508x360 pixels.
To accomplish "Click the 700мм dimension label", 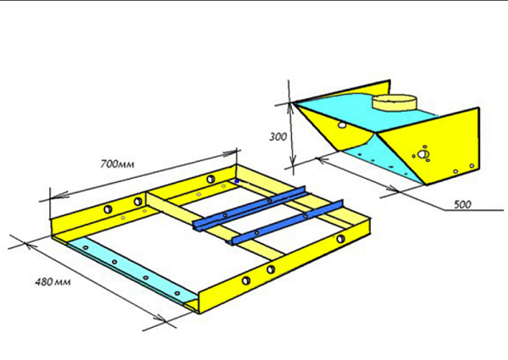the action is pyautogui.click(x=117, y=164).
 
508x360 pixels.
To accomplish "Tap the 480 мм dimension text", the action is pyautogui.click(x=52, y=281).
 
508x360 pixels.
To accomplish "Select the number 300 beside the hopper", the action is pyautogui.click(x=278, y=136).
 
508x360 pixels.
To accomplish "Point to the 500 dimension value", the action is pyautogui.click(x=462, y=204).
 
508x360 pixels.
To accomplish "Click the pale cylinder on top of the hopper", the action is pyautogui.click(x=395, y=103).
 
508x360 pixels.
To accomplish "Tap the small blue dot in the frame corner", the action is pyautogui.click(x=237, y=181).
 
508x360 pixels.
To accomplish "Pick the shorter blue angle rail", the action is pyautogui.click(x=286, y=222).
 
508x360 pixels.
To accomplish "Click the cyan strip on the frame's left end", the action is pyautogui.click(x=130, y=269).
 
